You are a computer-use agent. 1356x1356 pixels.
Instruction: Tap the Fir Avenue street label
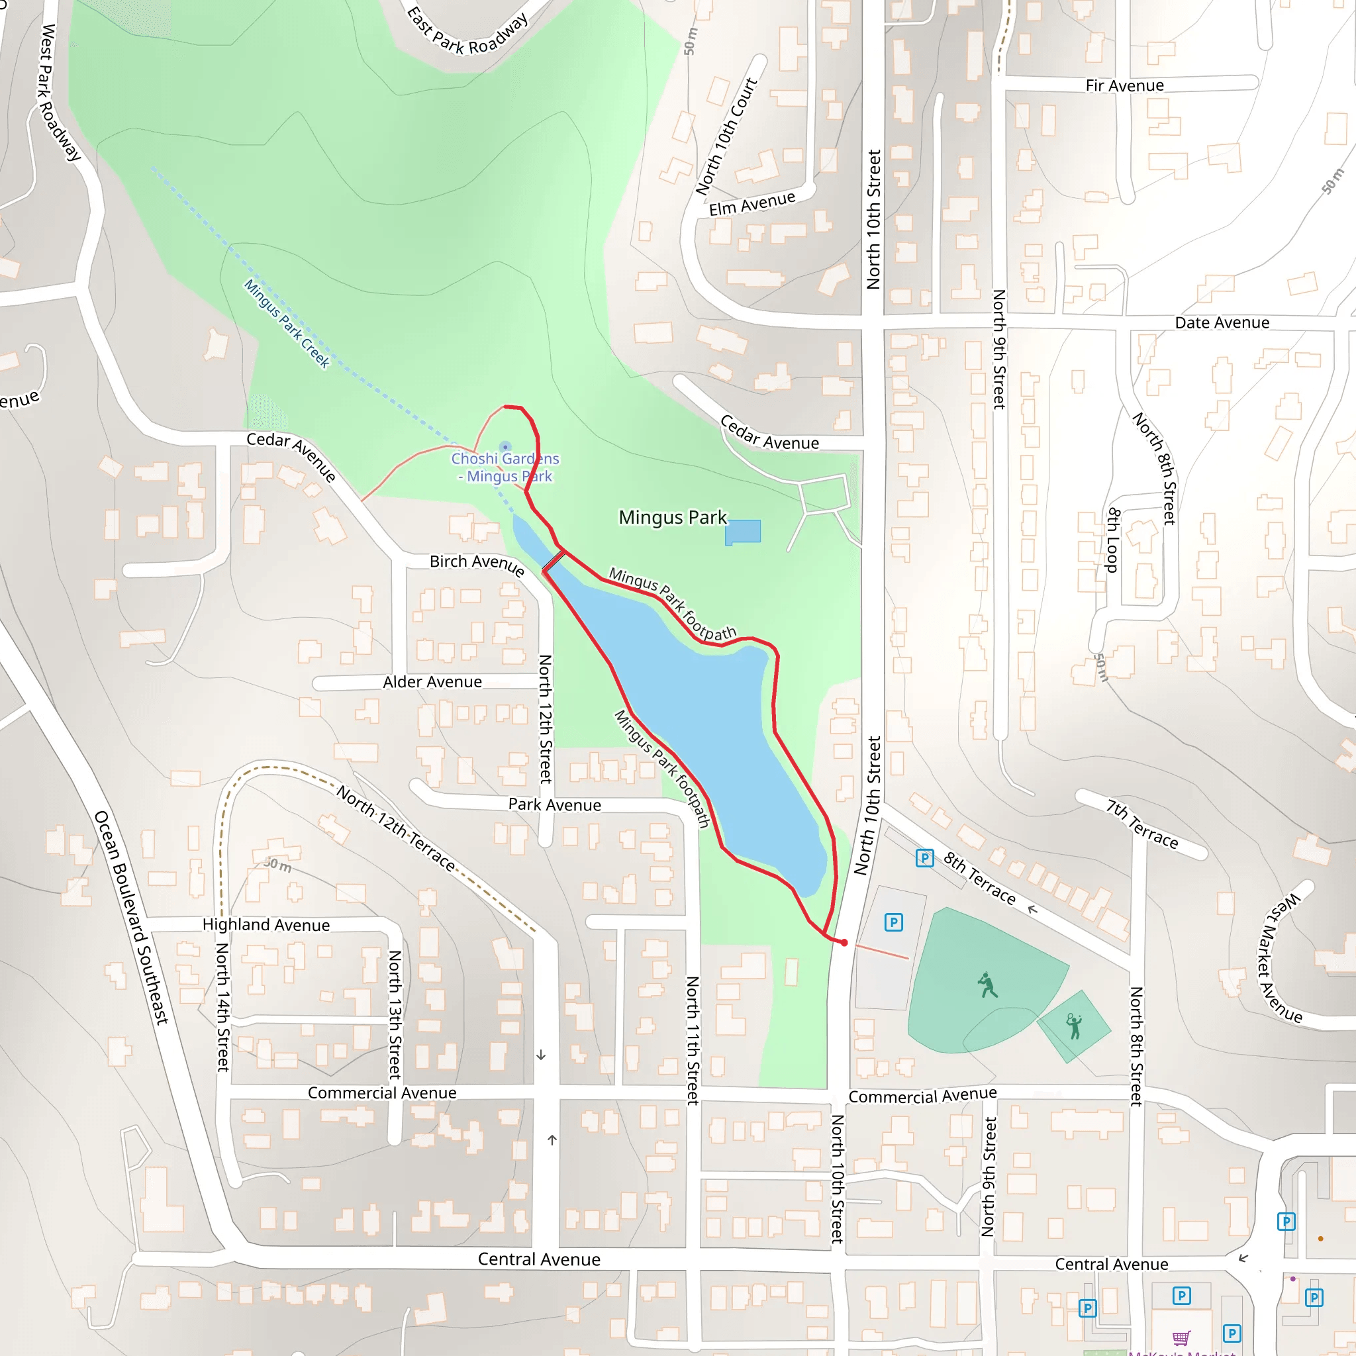coord(1124,85)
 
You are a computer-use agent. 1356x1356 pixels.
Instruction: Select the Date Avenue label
coord(1222,323)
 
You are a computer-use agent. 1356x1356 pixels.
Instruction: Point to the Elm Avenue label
coord(751,203)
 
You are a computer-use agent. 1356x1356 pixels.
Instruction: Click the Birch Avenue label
coord(477,563)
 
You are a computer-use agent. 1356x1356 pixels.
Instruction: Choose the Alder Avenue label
coord(432,681)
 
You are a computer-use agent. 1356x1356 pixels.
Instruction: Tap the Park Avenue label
coord(554,804)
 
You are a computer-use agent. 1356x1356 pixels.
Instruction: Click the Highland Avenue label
coord(266,924)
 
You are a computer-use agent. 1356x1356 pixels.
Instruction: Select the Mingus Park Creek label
coord(286,324)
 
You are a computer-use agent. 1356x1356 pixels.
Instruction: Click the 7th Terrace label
coord(1142,825)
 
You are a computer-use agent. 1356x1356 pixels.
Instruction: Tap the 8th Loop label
coord(1112,540)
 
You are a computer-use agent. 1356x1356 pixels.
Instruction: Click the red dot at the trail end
coord(844,943)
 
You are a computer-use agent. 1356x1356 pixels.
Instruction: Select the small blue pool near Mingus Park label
coord(743,531)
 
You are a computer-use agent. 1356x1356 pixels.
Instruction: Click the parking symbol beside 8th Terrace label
coord(924,857)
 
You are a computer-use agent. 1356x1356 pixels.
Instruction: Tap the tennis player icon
coord(1074,1026)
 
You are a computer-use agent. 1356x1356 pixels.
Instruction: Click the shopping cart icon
coord(1181,1337)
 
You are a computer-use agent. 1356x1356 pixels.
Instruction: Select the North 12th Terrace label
coord(396,828)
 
